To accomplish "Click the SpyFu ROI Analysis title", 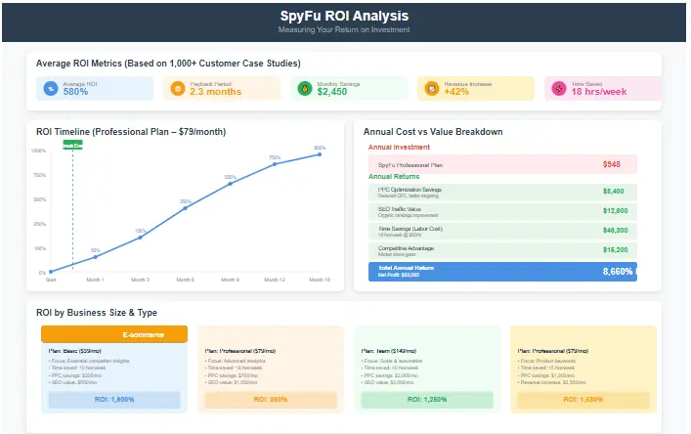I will tap(345, 17).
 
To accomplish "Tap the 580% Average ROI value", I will tap(76, 92).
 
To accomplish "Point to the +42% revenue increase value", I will tap(456, 92).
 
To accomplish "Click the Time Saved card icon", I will tap(558, 89).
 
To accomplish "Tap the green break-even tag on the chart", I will tap(72, 144).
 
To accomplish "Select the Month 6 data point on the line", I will tap(186, 207).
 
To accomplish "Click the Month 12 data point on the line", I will tap(275, 164).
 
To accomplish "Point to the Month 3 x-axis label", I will tap(141, 280).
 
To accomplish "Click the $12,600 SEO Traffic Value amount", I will tap(613, 211).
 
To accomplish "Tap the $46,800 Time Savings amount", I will tap(613, 231).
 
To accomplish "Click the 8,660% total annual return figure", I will tap(617, 271).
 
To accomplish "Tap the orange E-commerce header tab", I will tap(114, 334).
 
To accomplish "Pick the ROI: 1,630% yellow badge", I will tap(582, 400).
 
